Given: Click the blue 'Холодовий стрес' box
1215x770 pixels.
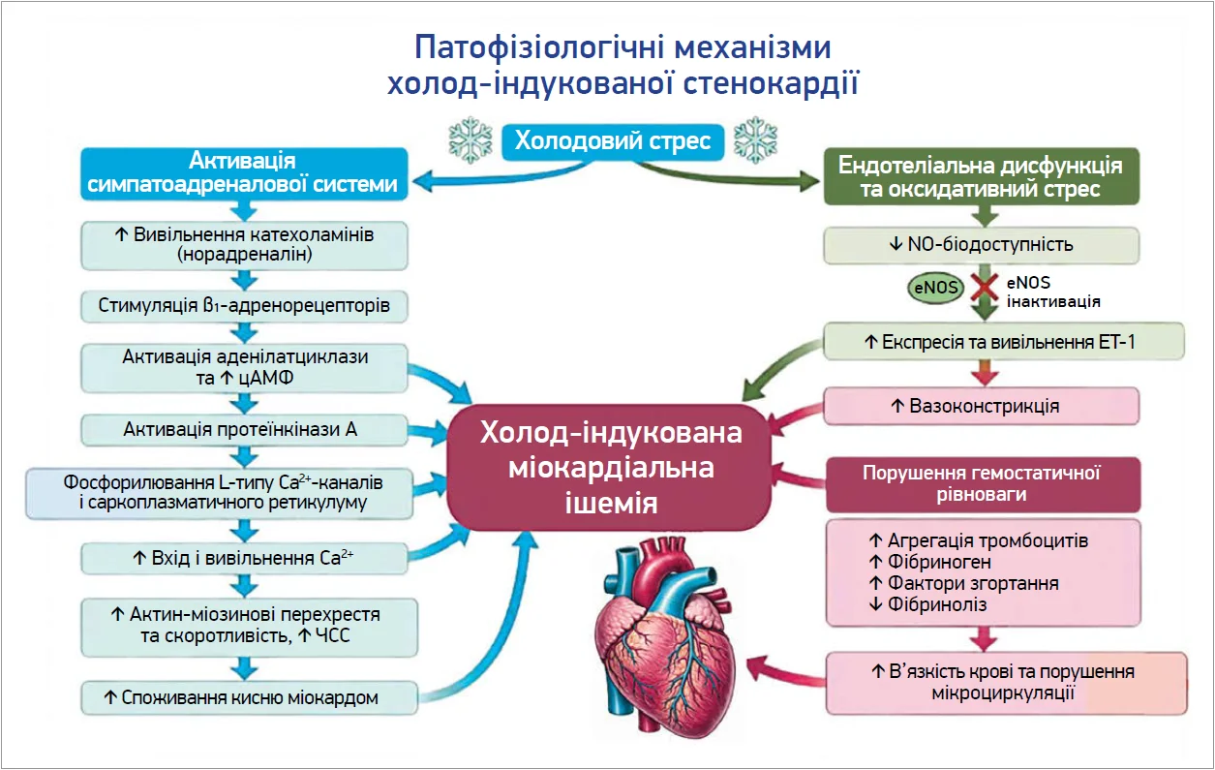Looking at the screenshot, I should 613,142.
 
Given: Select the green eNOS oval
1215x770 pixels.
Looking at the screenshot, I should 935,289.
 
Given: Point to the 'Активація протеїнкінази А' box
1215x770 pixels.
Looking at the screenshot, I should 240,429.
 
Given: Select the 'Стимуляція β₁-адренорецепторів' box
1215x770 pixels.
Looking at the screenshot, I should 244,306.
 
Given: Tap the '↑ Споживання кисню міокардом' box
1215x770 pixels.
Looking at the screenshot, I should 248,696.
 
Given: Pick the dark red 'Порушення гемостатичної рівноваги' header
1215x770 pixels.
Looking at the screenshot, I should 982,483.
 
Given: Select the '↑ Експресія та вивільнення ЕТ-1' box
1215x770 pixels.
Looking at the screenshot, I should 1004,342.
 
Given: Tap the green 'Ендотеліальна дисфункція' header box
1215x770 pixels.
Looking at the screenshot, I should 981,177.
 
